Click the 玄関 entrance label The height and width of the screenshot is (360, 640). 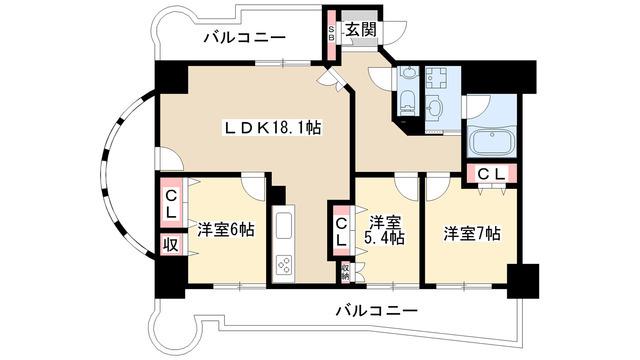(x=361, y=29)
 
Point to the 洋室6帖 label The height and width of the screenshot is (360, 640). (x=226, y=229)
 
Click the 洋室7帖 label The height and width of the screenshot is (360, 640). (x=472, y=233)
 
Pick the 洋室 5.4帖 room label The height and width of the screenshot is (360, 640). (x=386, y=230)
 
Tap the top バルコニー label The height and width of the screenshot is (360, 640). (x=244, y=38)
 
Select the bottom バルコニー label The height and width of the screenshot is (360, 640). (x=377, y=311)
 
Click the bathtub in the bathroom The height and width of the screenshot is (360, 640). (x=491, y=142)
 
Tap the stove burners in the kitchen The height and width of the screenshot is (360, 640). (x=284, y=265)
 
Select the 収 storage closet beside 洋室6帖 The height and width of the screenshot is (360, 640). (x=172, y=245)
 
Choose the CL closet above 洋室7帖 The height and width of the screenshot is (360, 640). (x=491, y=174)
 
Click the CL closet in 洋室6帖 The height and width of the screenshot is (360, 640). (x=172, y=203)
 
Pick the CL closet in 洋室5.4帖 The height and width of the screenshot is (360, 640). (x=342, y=231)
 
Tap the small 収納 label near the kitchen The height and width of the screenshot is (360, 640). (x=346, y=271)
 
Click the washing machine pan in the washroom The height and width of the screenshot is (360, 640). (x=436, y=78)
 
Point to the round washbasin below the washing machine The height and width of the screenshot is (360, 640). (x=435, y=109)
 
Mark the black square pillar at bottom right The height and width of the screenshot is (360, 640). (x=523, y=281)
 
